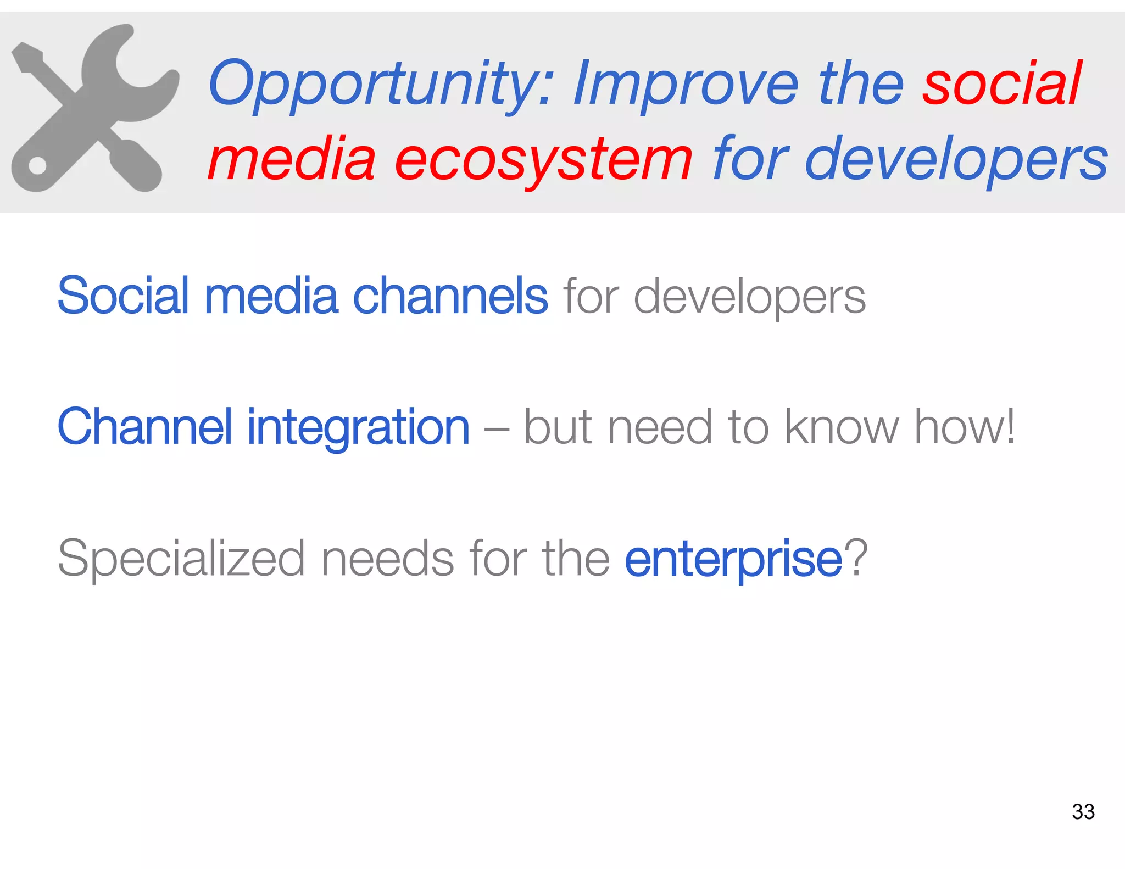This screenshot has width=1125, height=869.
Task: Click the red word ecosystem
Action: point(544,159)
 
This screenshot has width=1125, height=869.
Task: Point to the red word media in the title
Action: point(292,159)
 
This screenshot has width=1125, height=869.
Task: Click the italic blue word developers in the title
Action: point(956,159)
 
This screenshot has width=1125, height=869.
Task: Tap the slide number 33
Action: point(1083,811)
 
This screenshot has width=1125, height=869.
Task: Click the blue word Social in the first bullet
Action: point(123,296)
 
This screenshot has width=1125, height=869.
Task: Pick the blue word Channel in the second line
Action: point(144,427)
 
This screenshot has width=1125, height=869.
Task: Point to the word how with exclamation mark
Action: point(964,427)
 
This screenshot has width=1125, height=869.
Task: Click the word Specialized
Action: point(181,559)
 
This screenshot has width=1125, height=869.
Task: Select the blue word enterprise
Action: point(733,559)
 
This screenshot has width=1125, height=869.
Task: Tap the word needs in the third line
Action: point(387,558)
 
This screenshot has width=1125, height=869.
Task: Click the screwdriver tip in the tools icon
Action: point(25,55)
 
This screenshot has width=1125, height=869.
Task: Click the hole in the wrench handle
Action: point(37,165)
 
